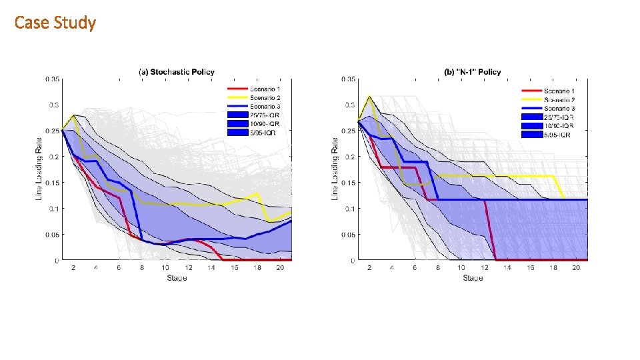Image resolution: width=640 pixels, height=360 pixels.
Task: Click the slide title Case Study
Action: [55, 23]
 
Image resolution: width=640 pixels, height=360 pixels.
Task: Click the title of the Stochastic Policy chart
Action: [177, 72]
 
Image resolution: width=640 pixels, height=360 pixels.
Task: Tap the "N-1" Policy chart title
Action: [473, 72]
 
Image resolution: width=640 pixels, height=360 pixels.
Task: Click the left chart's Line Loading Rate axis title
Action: [39, 169]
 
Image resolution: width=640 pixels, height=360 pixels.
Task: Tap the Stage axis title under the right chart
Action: [472, 277]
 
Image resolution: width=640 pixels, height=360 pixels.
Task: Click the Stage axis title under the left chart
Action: [177, 277]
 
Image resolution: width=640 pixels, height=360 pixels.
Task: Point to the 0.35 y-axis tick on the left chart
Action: [52, 79]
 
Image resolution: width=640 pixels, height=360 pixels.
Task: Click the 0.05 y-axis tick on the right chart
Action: [347, 235]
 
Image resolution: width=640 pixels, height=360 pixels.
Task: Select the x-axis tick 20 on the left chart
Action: [281, 268]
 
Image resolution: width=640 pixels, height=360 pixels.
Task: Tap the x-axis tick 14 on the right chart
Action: [507, 268]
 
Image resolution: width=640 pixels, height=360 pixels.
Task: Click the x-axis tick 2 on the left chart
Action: [73, 268]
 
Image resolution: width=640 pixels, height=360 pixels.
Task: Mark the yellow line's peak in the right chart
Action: [369, 97]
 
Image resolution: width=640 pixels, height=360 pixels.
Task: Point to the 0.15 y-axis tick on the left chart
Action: [52, 183]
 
